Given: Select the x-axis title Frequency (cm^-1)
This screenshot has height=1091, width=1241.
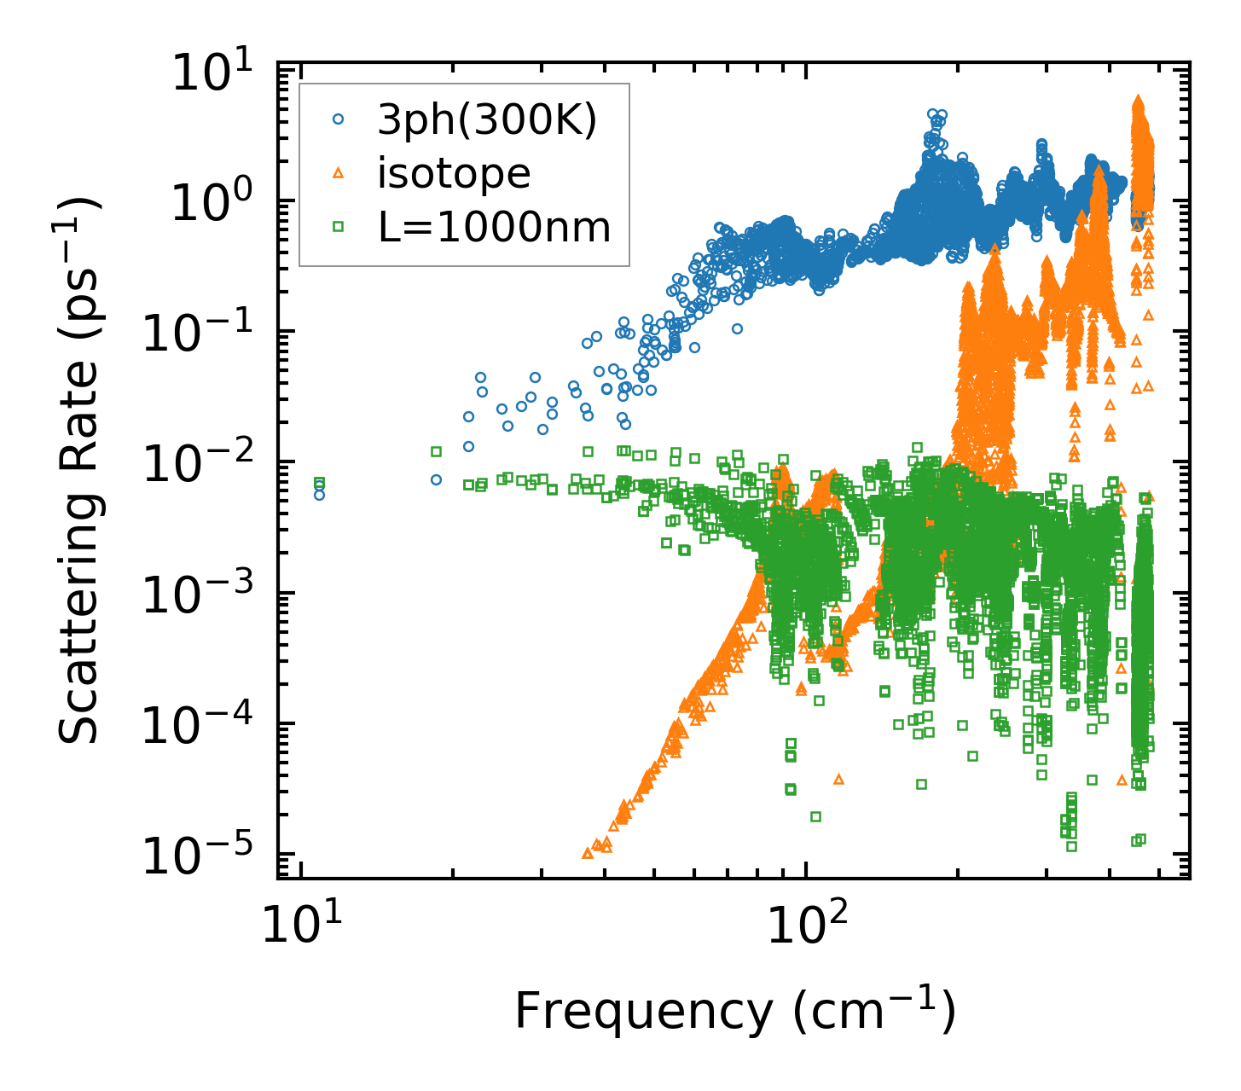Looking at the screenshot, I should (x=734, y=1012).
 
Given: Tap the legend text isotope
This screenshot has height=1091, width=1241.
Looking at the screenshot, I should (x=454, y=174).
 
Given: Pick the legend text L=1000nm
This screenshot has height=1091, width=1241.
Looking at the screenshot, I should (x=495, y=227).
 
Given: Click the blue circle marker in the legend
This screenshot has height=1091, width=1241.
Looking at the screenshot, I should (x=338, y=121).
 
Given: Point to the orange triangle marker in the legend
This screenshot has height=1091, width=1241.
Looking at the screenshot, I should (x=338, y=174).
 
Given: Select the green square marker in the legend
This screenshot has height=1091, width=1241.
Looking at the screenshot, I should (x=338, y=227).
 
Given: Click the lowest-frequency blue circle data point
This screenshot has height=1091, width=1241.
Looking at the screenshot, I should (x=319, y=495).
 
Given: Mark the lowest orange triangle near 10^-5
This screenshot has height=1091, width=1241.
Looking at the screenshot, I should (x=587, y=853).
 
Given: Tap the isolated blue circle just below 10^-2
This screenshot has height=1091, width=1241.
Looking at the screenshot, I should (x=436, y=479).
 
